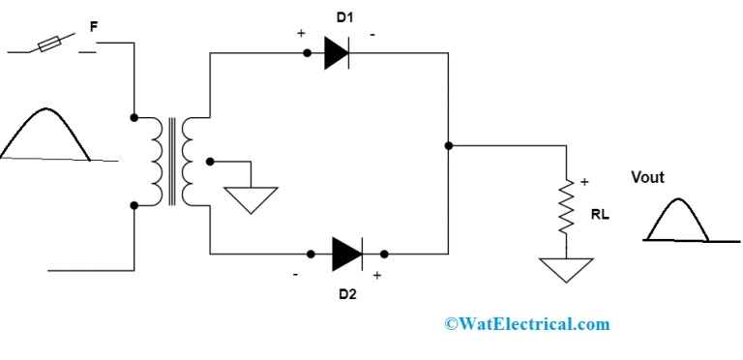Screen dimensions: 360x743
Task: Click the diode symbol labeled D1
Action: click(x=335, y=52)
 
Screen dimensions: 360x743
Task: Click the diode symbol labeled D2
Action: click(x=346, y=254)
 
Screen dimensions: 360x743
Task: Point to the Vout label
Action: click(x=647, y=177)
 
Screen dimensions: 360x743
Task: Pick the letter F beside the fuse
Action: click(x=93, y=28)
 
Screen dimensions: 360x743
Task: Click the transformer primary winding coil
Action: click(x=155, y=161)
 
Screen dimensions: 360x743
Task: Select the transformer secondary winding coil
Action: click(x=189, y=161)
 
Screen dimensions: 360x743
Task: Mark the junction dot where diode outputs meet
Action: click(x=449, y=146)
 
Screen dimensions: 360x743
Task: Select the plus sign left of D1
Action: click(x=302, y=33)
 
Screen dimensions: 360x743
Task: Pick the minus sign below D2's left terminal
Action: click(x=296, y=275)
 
